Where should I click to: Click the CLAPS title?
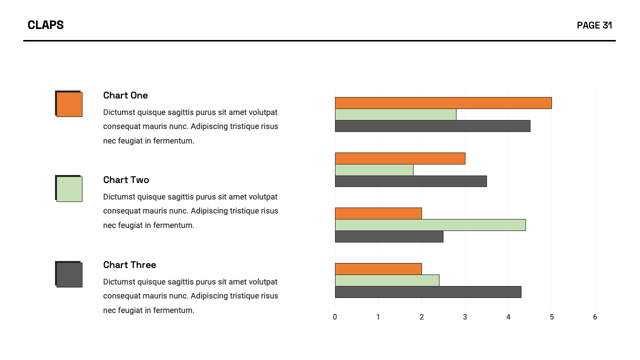point(45,25)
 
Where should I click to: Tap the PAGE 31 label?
point(594,25)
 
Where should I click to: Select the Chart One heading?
point(125,95)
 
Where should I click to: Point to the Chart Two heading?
point(126,180)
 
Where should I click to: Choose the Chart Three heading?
point(129,265)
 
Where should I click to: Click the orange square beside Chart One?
point(69,104)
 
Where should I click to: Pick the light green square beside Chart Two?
point(69,189)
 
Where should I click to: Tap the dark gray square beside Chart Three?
point(69,274)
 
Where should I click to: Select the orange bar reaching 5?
point(443,103)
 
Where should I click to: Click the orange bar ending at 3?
point(400,158)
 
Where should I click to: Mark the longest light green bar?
point(430,225)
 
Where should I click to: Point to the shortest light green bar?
point(374,170)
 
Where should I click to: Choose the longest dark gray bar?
point(432,126)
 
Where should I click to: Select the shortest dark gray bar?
point(389,236)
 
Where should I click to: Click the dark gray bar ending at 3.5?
point(410,181)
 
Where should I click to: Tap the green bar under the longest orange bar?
point(395,114)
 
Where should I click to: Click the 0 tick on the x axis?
point(335,317)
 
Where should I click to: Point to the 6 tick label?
point(595,317)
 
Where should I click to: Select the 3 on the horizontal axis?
point(465,317)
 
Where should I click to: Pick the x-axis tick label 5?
point(551,317)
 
